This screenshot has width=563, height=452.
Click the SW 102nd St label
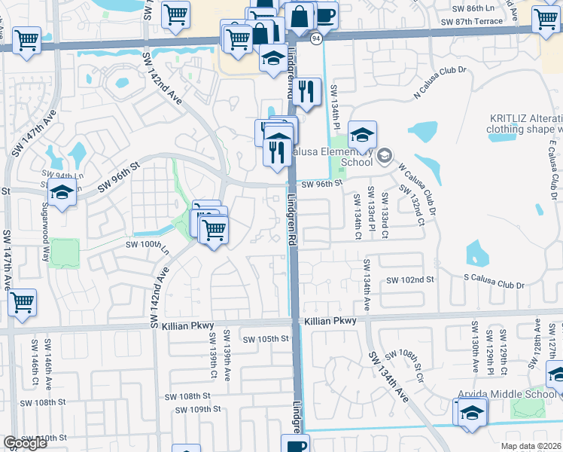[411, 279]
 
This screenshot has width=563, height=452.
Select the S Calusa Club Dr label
[493, 285]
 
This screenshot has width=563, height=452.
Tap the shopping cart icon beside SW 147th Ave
[23, 303]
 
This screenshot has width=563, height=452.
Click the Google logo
[25, 443]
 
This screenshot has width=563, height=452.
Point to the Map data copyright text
[531, 446]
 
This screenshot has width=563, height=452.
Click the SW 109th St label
[197, 410]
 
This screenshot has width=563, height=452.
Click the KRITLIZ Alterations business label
[525, 124]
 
